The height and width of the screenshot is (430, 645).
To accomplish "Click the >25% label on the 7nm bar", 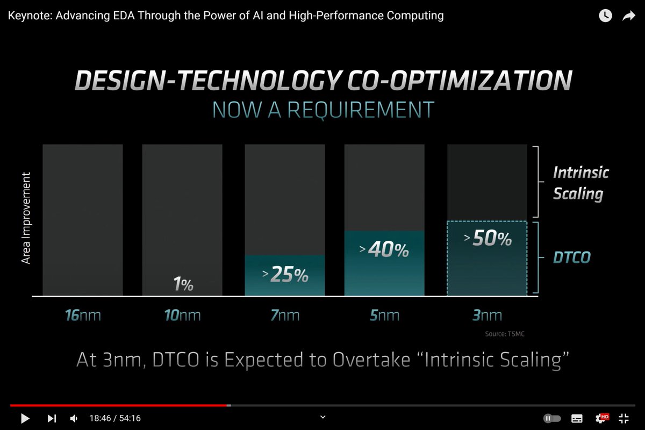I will (285, 275).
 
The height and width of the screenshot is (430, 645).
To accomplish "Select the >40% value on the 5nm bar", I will (384, 249).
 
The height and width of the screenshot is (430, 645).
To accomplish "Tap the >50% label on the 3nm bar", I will (488, 239).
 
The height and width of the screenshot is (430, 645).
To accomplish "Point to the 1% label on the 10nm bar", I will (183, 284).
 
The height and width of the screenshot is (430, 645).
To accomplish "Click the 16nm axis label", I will (82, 315).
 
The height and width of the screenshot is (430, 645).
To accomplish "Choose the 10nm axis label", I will (182, 315).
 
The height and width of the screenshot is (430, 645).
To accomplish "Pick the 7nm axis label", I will (285, 315).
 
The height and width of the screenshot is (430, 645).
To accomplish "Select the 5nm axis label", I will (384, 315).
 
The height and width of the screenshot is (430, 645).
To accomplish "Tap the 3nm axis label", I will (487, 315).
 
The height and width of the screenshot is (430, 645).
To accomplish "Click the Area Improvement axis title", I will (26, 218).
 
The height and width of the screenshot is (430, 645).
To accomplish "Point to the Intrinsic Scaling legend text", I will (580, 183).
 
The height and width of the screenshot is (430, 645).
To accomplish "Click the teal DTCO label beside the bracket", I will (572, 257).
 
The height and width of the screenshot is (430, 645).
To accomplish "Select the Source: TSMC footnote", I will (504, 334).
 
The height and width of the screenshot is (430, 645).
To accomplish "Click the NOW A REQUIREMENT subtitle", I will (322, 109).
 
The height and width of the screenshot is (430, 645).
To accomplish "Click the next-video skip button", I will (52, 418).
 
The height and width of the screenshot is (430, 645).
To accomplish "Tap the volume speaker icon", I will (74, 418).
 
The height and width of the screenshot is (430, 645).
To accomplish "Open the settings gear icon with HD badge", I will (601, 418).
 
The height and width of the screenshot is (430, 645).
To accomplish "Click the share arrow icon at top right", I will (628, 16).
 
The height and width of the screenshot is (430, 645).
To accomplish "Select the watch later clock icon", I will (605, 16).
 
